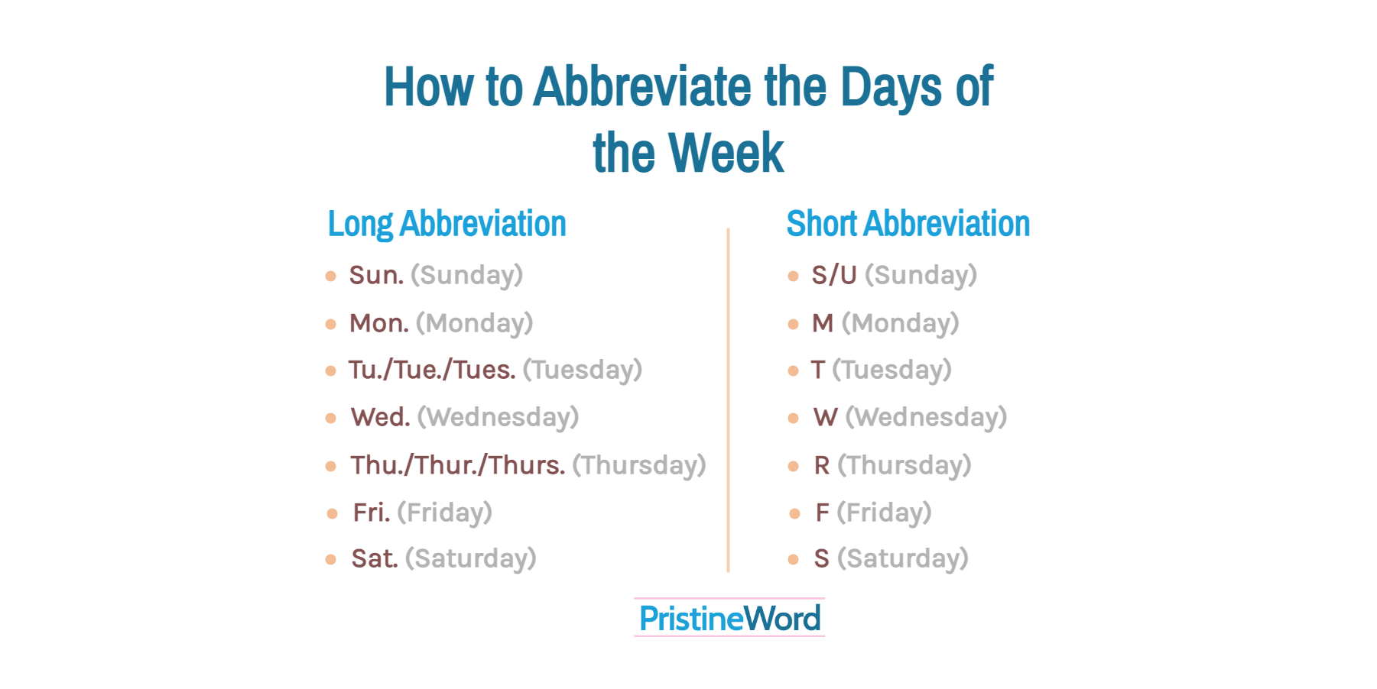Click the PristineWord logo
click(729, 618)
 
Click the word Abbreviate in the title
click(642, 86)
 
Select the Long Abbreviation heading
click(447, 224)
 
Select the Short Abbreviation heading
click(908, 224)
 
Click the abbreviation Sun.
click(376, 275)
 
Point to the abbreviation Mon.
click(379, 323)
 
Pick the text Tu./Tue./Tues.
click(432, 370)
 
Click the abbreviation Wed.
click(380, 417)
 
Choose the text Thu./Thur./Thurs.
click(457, 465)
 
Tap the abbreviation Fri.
click(372, 513)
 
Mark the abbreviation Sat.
click(375, 558)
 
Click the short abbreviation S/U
click(833, 275)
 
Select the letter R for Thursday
click(822, 465)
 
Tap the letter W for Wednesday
click(825, 417)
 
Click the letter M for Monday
click(823, 323)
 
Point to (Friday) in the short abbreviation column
click(884, 513)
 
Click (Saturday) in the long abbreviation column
click(470, 558)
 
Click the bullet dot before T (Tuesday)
click(793, 371)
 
